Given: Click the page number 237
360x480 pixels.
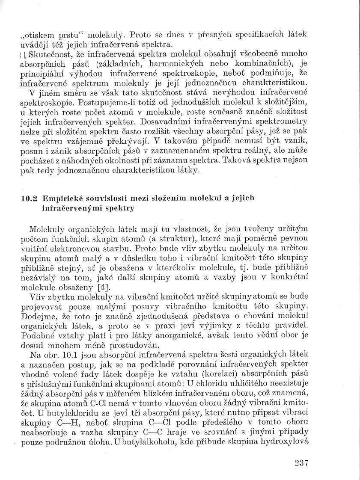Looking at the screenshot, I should (x=301, y=462).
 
